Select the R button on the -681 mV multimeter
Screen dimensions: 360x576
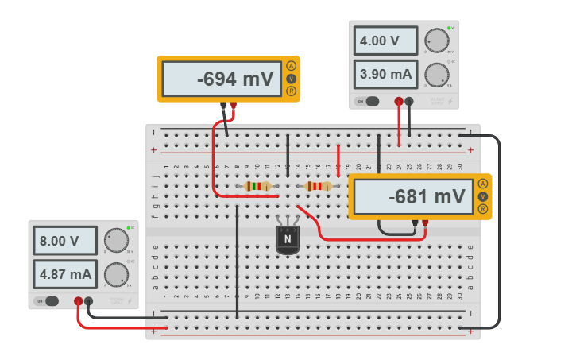482,209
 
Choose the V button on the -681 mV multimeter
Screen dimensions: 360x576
482,196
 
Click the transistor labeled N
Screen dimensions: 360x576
288,238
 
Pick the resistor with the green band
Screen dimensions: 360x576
257,186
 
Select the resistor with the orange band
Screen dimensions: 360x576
318,186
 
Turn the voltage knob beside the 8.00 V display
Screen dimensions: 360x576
116,239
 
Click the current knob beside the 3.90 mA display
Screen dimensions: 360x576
435,75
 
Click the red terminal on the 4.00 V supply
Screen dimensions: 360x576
399,101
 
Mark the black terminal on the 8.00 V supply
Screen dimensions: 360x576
88,301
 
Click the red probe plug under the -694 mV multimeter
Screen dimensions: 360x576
233,104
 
